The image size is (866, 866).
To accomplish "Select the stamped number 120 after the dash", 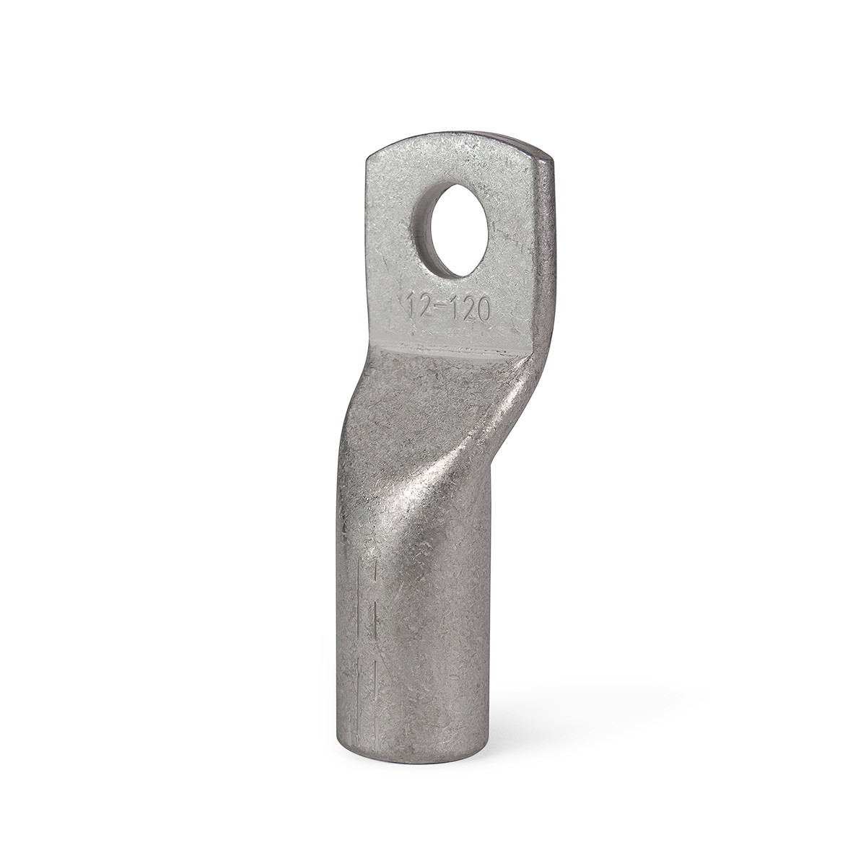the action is tap(470, 310).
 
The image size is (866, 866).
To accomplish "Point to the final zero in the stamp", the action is tap(481, 311).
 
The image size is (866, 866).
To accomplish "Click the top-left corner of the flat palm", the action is tap(367, 157).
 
